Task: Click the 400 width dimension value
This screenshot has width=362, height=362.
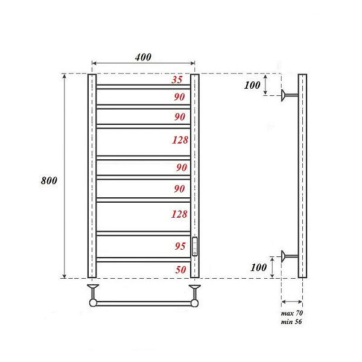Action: [143, 57]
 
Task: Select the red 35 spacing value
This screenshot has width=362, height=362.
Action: [177, 80]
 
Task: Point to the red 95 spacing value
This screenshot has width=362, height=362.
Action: [179, 246]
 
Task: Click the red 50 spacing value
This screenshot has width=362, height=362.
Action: [180, 270]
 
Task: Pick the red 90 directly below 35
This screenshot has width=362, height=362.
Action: [179, 97]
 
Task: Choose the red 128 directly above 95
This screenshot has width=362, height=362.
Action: [179, 214]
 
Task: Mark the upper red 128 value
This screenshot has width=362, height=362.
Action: [179, 140]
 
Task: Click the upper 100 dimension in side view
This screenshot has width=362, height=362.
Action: [252, 85]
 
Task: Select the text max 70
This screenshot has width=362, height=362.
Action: [291, 314]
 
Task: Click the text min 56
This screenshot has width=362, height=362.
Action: [291, 322]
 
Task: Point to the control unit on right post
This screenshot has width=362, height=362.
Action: [195, 246]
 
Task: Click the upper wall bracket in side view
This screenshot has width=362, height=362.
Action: [288, 95]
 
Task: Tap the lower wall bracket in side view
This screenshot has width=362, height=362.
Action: [288, 256]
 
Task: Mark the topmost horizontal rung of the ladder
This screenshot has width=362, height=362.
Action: [144, 87]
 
